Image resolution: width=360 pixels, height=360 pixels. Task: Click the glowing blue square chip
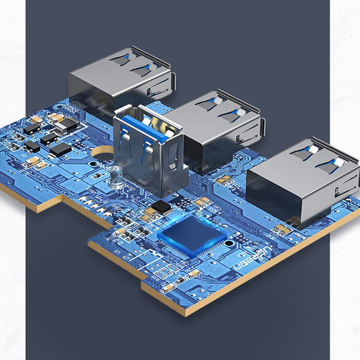point(192,236)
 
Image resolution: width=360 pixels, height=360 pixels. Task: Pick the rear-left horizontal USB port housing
point(121,80)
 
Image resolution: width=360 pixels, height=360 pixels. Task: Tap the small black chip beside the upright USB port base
point(161,207)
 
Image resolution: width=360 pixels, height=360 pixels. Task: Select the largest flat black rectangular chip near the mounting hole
point(60,149)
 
